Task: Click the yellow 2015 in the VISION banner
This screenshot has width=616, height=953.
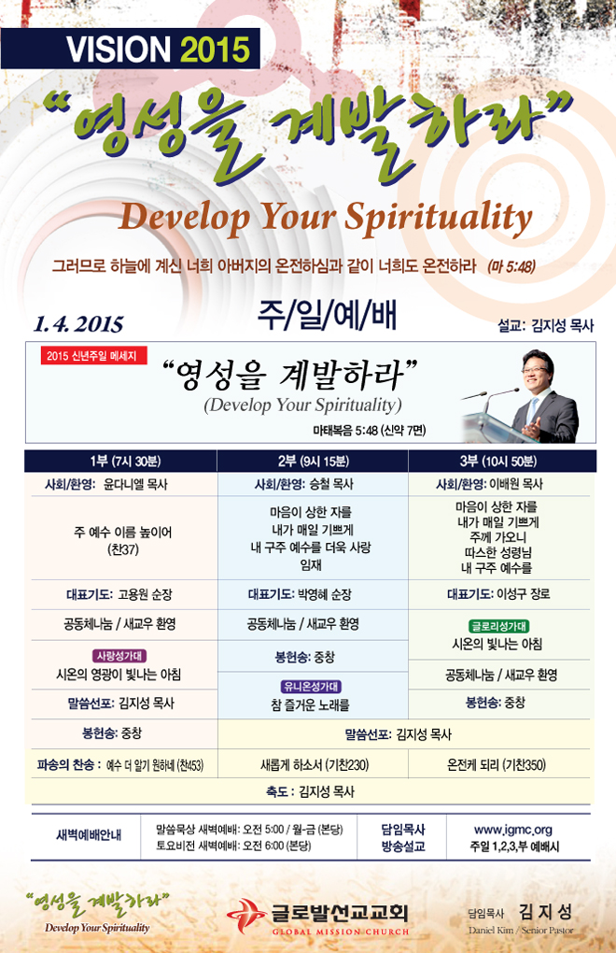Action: pyautogui.click(x=215, y=50)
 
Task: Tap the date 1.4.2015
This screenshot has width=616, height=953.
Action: pyautogui.click(x=78, y=324)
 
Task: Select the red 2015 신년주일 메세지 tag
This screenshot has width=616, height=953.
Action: pyautogui.click(x=93, y=356)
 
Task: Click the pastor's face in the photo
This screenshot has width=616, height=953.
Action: pyautogui.click(x=537, y=370)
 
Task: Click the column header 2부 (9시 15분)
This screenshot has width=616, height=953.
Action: pyautogui.click(x=314, y=462)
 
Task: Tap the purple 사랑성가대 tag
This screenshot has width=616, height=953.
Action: pyautogui.click(x=120, y=656)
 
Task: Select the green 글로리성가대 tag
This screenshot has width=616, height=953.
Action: pyautogui.click(x=499, y=626)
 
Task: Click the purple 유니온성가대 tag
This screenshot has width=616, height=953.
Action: pyautogui.click(x=311, y=686)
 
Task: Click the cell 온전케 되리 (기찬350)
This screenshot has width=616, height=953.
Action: pyautogui.click(x=497, y=764)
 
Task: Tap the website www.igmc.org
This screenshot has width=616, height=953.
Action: pyautogui.click(x=512, y=830)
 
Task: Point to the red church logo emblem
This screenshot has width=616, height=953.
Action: pyautogui.click(x=245, y=916)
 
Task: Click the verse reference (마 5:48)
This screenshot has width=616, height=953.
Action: pyautogui.click(x=511, y=267)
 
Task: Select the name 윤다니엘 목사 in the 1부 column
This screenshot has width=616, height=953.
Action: pyautogui.click(x=135, y=484)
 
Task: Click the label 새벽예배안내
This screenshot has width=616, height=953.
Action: pyautogui.click(x=89, y=835)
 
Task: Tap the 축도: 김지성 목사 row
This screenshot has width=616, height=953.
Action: pyautogui.click(x=310, y=791)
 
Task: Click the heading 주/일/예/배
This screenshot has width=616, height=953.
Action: pyautogui.click(x=327, y=316)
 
